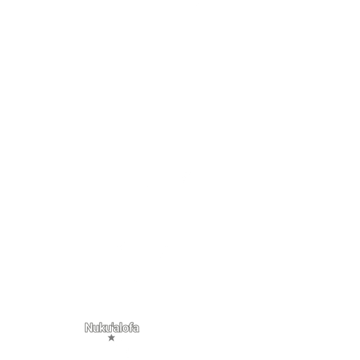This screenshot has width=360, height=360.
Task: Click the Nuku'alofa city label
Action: click(x=112, y=328)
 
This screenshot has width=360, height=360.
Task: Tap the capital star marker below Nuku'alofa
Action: click(x=111, y=338)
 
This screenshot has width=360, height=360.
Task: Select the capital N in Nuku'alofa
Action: click(x=88, y=328)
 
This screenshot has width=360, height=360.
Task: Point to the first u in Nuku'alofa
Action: click(x=96, y=329)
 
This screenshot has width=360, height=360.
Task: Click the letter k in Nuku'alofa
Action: click(x=102, y=328)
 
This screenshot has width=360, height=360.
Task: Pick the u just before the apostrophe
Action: click(x=108, y=329)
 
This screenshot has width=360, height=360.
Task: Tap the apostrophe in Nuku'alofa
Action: click(x=112, y=324)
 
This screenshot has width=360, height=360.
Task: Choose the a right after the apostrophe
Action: click(x=116, y=329)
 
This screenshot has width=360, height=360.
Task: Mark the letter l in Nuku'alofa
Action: click(x=120, y=328)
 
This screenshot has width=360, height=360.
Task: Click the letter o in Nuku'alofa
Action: click(x=125, y=329)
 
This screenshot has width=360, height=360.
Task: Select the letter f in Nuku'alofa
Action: click(x=130, y=328)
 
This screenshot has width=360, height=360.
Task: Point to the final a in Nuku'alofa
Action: click(x=136, y=329)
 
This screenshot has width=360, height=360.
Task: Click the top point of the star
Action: click(x=111, y=335)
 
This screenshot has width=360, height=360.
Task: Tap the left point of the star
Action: click(x=108, y=337)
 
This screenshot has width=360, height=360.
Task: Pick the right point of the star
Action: click(x=115, y=337)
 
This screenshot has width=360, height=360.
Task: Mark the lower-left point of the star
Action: click(x=109, y=341)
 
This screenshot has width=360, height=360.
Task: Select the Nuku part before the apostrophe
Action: click(x=98, y=328)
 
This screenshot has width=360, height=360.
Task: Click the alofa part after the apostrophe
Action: click(x=126, y=328)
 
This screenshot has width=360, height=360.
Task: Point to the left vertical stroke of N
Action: click(x=86, y=328)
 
